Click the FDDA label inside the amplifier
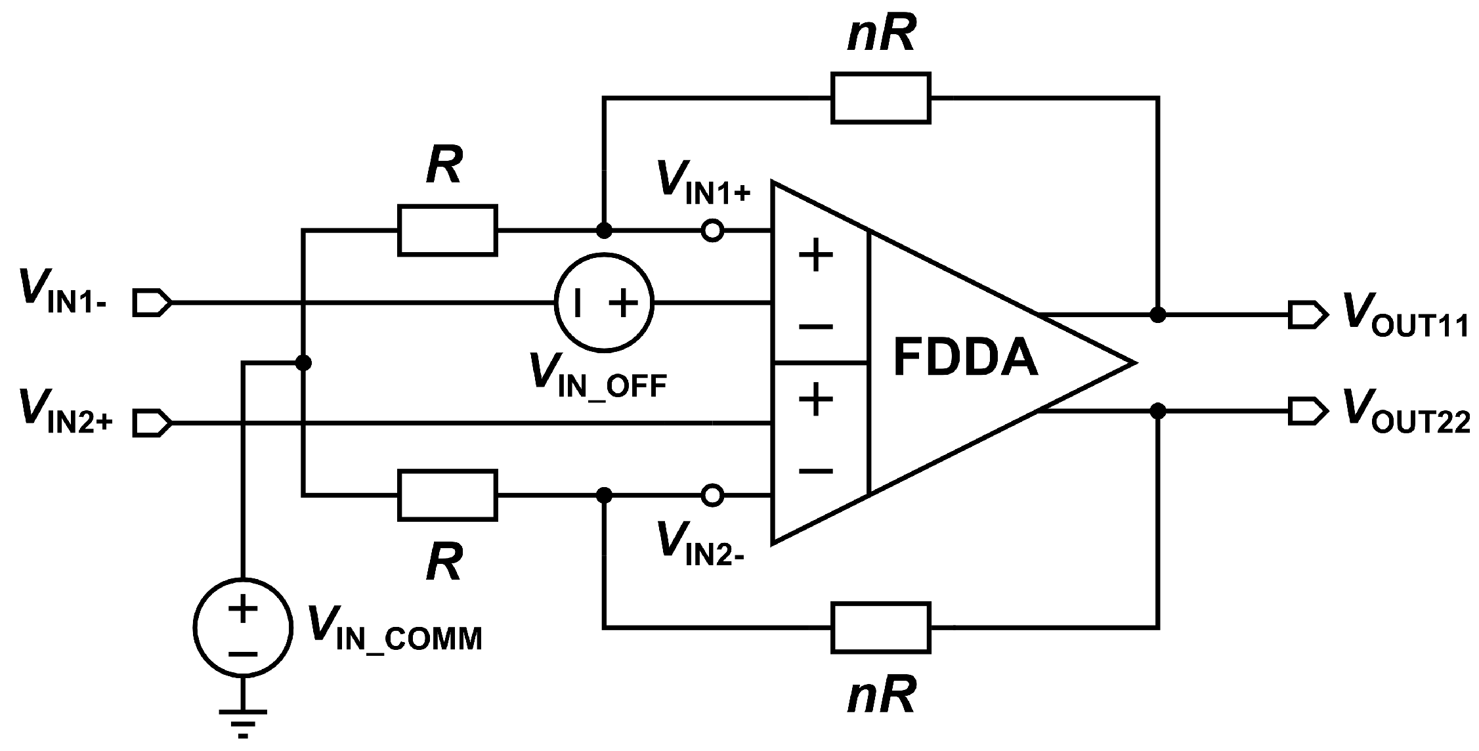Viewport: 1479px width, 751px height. [966, 358]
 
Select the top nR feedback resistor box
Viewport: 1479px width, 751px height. [880, 98]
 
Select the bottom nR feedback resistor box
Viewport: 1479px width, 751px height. [880, 628]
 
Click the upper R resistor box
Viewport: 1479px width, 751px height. [447, 230]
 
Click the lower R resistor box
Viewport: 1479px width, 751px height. [447, 496]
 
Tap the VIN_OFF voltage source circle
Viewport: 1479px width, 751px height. [604, 303]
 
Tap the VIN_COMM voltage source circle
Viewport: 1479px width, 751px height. [243, 627]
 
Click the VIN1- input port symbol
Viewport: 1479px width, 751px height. [152, 303]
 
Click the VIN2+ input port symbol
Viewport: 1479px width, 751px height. [152, 423]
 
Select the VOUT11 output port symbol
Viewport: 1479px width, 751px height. [1307, 314]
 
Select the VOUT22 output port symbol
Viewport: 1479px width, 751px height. [1307, 412]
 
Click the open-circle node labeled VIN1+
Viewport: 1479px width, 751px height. [712, 231]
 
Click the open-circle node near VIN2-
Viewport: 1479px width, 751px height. [712, 496]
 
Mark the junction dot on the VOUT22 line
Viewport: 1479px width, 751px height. [1159, 412]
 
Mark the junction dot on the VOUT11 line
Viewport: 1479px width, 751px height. [1159, 315]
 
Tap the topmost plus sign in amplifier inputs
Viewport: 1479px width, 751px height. [816, 255]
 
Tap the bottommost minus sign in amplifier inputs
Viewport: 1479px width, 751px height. [816, 471]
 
